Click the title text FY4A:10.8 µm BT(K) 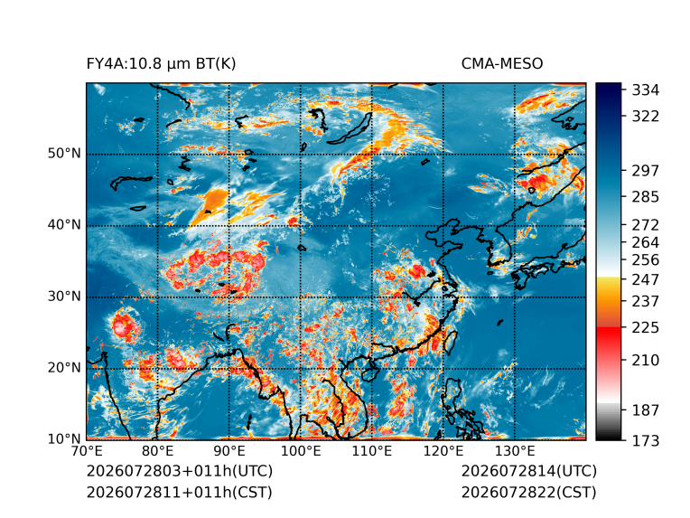(161, 64)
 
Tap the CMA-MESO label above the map (502, 64)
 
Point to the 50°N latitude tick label (64, 154)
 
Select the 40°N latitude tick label (64, 225)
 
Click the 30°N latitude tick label (64, 297)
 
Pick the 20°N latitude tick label (64, 368)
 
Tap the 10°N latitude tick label (64, 439)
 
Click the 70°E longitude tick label (87, 451)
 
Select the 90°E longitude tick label (228, 451)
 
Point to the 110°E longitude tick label (372, 451)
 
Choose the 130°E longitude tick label (515, 451)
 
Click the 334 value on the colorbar (646, 90)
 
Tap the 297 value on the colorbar (646, 171)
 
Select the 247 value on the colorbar (646, 279)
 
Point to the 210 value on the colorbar (646, 361)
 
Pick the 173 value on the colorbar (646, 440)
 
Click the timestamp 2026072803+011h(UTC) (180, 471)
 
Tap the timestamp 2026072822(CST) (529, 493)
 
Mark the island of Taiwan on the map (450, 343)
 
